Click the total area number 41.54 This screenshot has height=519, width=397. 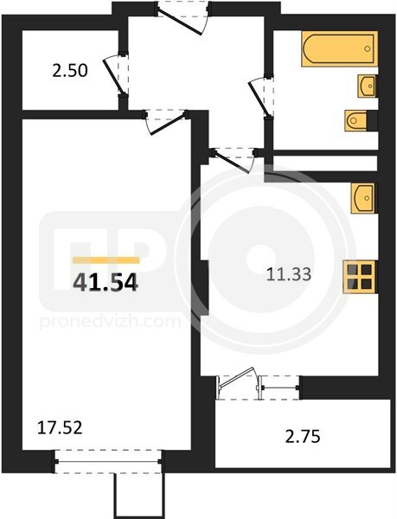click(106, 283)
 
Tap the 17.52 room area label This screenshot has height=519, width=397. click(60, 427)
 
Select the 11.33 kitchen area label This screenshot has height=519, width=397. click(289, 274)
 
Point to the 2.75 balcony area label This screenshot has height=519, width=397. click(303, 437)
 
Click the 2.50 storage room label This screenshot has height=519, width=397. click(70, 71)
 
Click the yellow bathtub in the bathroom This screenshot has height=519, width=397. click(339, 49)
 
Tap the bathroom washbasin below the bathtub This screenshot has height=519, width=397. click(368, 86)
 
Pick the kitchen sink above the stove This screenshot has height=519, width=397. click(364, 198)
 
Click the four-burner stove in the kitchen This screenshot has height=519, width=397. click(361, 277)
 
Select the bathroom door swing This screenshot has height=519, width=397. click(259, 97)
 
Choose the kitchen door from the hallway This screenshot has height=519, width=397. click(234, 160)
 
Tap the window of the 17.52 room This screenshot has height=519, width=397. click(108, 461)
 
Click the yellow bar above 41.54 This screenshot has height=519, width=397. click(106, 260)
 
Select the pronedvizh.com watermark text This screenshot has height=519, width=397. click(110, 322)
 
